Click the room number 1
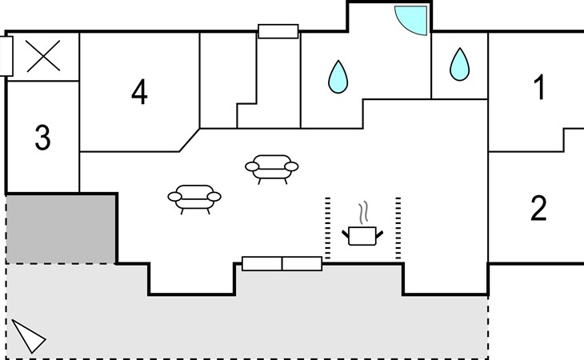coord(540,87)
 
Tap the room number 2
coord(538,208)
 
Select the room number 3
coord(43,138)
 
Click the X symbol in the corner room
coord(43,56)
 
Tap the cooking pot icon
coord(362,236)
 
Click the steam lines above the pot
coord(363,212)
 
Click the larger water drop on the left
coord(338,77)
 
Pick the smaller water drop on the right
coord(460,65)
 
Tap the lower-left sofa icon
coord(194,199)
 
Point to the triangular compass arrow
coord(28,335)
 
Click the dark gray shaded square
coord(60,229)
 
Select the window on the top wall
coord(278,31)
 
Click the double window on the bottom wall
coord(282,263)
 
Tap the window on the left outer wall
coord(6,56)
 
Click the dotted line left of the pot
coord(328,228)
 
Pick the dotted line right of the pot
coord(398,228)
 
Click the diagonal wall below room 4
coord(190,140)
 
